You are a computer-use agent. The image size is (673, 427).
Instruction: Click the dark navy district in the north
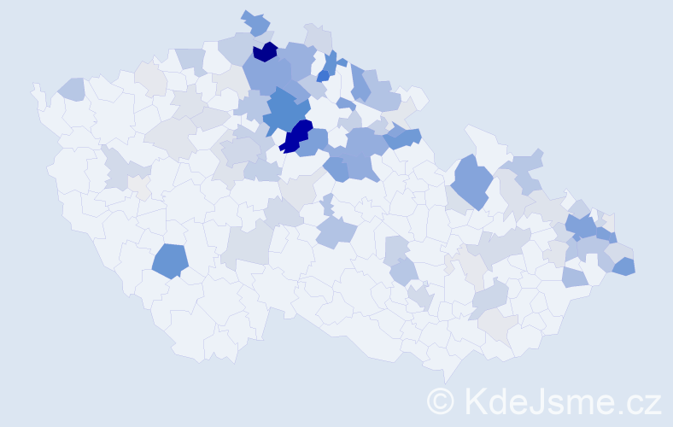click(x=266, y=52)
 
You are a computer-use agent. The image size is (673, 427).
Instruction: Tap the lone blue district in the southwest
click(x=170, y=260)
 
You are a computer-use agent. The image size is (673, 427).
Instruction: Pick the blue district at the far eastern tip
click(x=623, y=266)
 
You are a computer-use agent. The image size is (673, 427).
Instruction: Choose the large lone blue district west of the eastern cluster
click(x=471, y=180)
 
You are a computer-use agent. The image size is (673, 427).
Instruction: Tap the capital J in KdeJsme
click(x=541, y=401)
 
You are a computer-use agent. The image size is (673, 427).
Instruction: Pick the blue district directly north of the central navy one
click(x=286, y=111)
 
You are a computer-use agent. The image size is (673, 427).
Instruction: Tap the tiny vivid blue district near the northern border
click(x=323, y=75)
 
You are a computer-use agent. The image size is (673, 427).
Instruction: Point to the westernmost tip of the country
click(x=33, y=85)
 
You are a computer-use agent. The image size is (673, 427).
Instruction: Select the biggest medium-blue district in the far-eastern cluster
click(x=582, y=226)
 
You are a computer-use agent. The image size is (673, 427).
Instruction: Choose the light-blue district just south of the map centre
click(x=335, y=231)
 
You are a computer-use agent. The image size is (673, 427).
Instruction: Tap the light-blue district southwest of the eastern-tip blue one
click(x=575, y=277)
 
